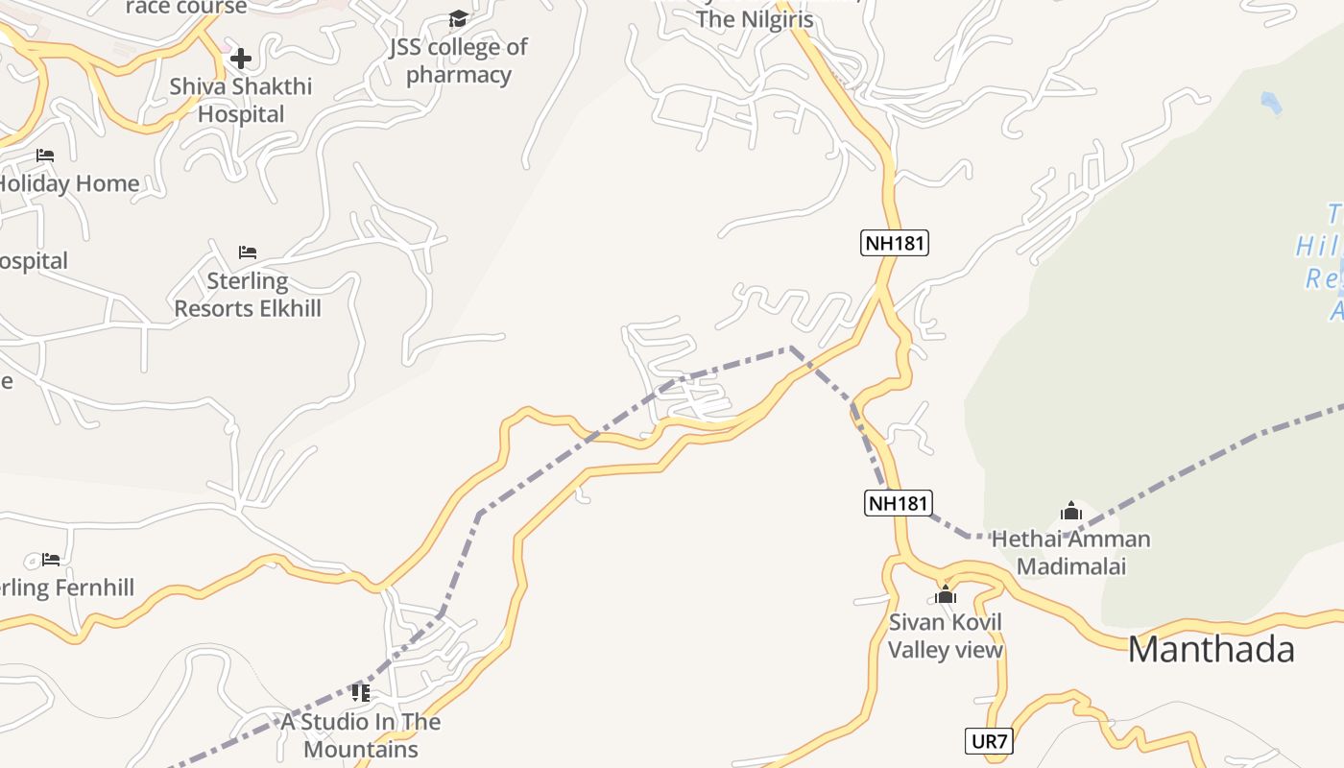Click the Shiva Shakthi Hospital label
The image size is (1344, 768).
click(x=241, y=100)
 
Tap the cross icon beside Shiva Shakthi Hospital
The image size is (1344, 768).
click(x=240, y=59)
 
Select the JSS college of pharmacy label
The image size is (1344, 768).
click(x=458, y=60)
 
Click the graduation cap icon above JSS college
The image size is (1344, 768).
click(x=458, y=19)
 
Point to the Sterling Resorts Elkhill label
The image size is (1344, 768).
click(x=248, y=295)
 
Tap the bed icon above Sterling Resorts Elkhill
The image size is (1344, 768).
click(x=248, y=252)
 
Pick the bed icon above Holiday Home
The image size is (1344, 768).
click(x=45, y=155)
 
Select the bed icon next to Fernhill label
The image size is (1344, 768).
click(x=51, y=559)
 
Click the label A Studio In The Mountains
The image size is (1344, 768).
click(x=361, y=735)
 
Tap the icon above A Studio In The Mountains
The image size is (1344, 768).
click(x=361, y=692)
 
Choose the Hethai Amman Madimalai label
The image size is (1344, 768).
click(x=1070, y=552)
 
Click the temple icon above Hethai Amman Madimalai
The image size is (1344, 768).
click(x=1071, y=511)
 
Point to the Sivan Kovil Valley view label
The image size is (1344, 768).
click(x=945, y=636)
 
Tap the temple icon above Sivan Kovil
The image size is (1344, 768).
click(x=946, y=594)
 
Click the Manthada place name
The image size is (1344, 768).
click(x=1211, y=650)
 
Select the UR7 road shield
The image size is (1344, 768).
click(x=989, y=741)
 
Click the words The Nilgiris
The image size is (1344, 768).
click(x=755, y=19)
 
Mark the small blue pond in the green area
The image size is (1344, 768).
click(x=1271, y=103)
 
